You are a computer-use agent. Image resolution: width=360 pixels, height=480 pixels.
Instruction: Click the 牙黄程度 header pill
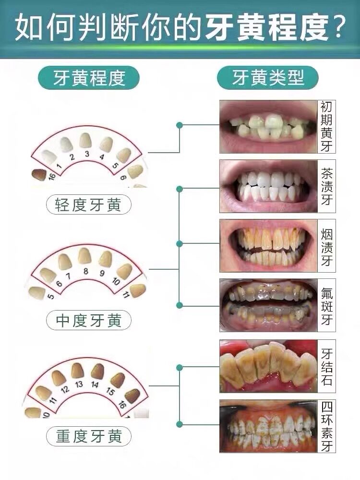click(x=89, y=78)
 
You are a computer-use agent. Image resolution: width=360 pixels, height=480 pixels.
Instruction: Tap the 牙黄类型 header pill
click(x=268, y=78)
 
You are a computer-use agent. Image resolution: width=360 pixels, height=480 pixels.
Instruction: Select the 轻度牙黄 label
click(x=89, y=205)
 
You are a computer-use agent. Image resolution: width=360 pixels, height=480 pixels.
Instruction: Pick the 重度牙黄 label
click(x=89, y=436)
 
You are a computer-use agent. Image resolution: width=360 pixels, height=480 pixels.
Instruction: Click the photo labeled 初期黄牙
click(x=268, y=126)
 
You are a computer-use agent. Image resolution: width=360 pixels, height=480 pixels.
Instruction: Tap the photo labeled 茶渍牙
click(x=268, y=186)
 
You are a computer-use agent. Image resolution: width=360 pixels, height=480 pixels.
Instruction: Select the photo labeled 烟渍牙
click(x=268, y=245)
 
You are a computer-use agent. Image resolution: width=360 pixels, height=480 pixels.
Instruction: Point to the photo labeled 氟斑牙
click(x=268, y=305)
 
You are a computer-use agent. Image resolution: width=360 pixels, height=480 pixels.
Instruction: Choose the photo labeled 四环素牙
click(x=268, y=426)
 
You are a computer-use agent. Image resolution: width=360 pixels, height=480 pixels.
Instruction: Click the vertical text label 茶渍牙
click(x=327, y=186)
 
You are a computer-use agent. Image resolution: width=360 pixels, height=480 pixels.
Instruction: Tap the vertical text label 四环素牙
click(x=327, y=426)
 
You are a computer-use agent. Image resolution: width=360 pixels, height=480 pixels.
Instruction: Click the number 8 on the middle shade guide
click(x=86, y=271)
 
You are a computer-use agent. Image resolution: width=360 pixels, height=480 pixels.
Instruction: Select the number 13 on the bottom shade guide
click(x=79, y=384)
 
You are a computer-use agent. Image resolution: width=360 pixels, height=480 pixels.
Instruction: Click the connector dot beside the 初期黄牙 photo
click(x=179, y=125)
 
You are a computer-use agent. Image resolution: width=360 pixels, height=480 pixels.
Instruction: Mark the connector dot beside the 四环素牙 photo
click(x=179, y=424)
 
